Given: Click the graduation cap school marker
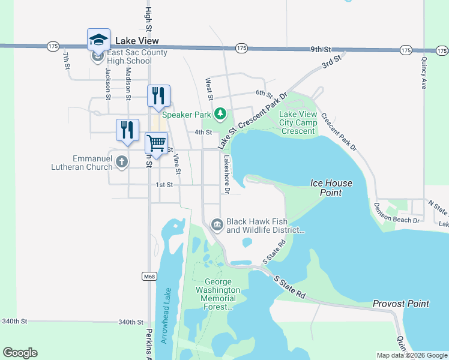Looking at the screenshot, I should click(98, 40).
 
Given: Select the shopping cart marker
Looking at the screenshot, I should click(156, 144).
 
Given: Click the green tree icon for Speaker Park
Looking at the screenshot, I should click(221, 113).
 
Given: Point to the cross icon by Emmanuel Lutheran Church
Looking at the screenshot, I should click(122, 161).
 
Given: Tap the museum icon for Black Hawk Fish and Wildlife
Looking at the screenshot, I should click(217, 224).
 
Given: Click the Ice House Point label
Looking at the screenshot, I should click(331, 188).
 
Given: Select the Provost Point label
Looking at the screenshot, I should click(401, 304).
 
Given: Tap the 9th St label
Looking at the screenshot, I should click(321, 49).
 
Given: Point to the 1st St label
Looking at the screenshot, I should click(164, 185).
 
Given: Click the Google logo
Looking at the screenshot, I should click(20, 353).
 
